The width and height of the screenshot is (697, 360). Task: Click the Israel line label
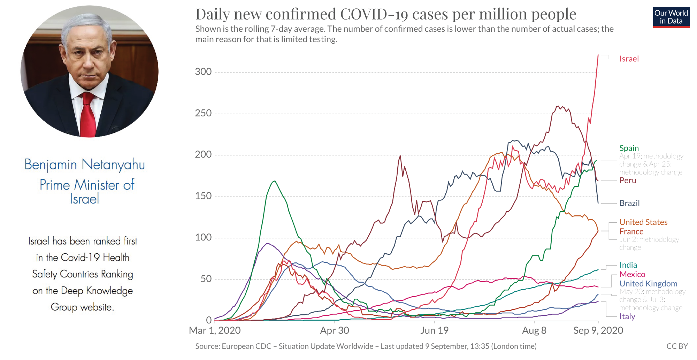coord(629,59)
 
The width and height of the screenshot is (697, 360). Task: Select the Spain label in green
coord(629,148)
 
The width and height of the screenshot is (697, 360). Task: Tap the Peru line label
coord(628,181)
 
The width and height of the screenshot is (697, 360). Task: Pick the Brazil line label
coord(629,203)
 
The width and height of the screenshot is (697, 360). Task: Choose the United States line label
coord(643,222)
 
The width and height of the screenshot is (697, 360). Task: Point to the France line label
coord(631,232)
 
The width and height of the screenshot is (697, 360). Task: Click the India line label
coord(628,265)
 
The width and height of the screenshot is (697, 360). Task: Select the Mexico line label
coord(632,275)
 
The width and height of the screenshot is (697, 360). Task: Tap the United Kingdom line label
coord(648,284)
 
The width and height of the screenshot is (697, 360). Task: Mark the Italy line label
coord(627,316)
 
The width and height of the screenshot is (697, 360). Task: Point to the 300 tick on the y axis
coord(203,72)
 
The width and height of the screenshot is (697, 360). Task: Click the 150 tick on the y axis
coord(203,196)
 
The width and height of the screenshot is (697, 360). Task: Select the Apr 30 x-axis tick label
coord(335,330)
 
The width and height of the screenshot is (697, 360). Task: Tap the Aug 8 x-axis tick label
coord(534,330)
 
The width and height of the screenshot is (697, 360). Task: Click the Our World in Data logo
coord(671,17)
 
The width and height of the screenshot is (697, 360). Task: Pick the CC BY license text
coord(677,346)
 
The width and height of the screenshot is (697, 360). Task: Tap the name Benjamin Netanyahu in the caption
coord(85,164)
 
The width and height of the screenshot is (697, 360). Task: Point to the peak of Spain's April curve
coord(275,181)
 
